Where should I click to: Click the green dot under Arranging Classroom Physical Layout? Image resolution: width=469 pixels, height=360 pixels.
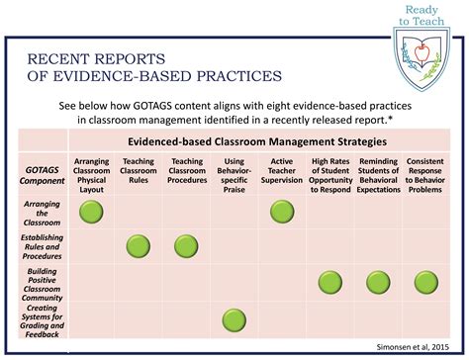(x=92, y=212)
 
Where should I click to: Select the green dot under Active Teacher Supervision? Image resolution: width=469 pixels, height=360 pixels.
(x=282, y=212)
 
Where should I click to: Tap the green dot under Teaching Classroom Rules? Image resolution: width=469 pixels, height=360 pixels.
(x=139, y=246)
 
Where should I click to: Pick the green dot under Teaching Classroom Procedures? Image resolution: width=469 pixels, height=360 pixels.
(x=186, y=246)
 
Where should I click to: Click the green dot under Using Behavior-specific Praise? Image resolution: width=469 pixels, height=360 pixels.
(x=234, y=317)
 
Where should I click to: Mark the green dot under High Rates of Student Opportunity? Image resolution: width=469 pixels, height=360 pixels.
(x=330, y=283)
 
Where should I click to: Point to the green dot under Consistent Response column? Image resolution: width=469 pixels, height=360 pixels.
(x=425, y=283)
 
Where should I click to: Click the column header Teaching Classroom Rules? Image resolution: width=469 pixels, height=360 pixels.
(x=139, y=169)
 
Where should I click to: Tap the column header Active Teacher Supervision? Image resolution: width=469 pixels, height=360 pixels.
(x=282, y=169)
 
